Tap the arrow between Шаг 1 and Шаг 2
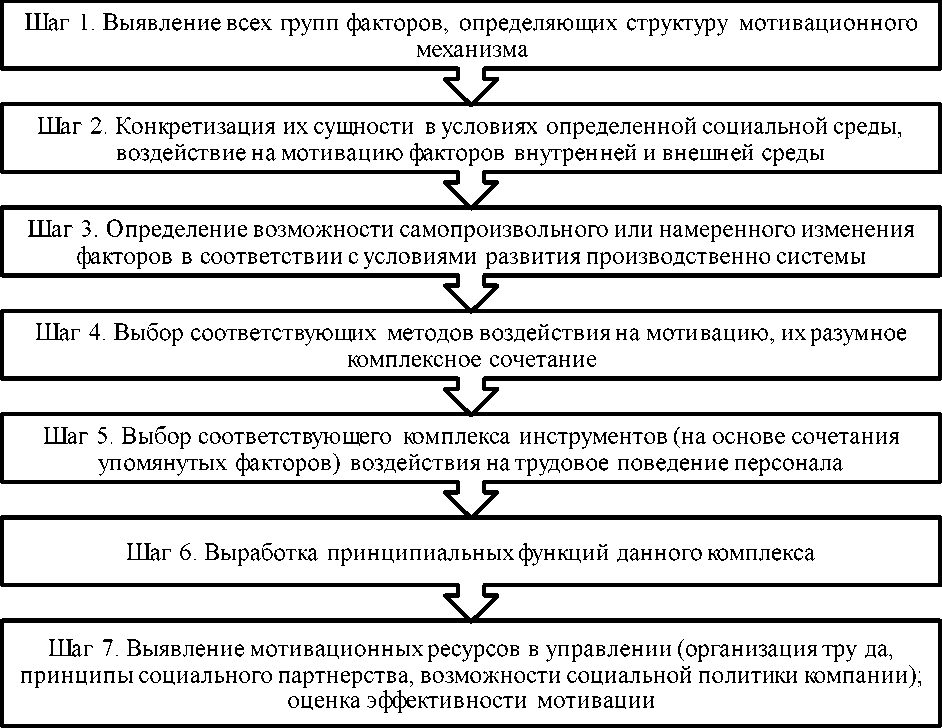pos(470,88)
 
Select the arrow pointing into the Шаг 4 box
pos(470,292)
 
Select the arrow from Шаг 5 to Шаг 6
pos(470,500)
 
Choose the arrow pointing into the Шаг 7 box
pos(470,604)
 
